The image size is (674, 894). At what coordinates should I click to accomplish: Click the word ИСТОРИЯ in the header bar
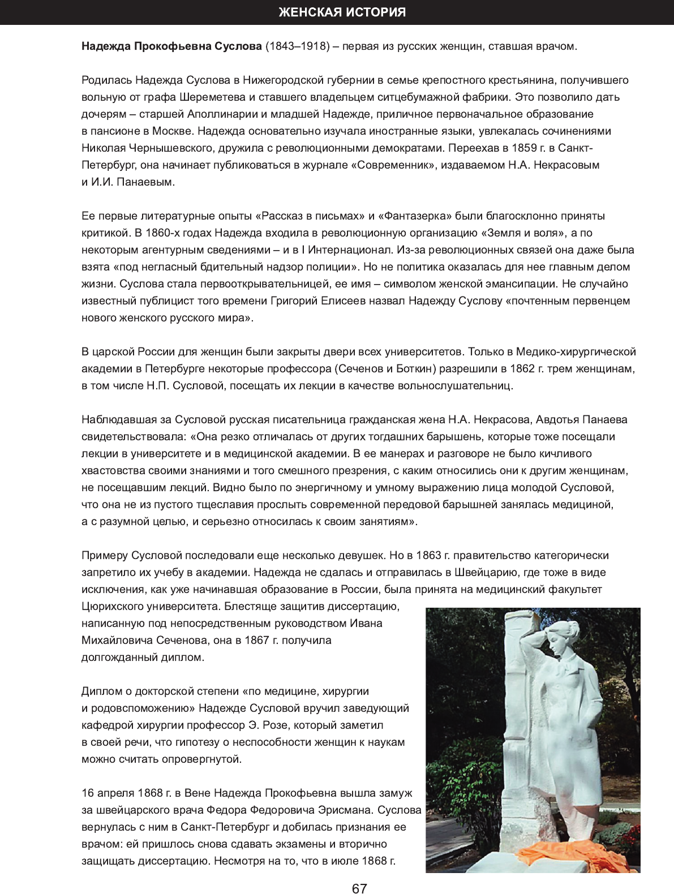(x=374, y=12)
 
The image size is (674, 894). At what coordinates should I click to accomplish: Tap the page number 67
(x=359, y=888)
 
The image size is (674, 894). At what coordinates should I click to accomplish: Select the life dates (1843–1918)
(x=298, y=46)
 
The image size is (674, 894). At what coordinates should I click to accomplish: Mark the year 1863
(x=428, y=555)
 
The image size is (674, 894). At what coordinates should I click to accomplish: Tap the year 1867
(x=257, y=640)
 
